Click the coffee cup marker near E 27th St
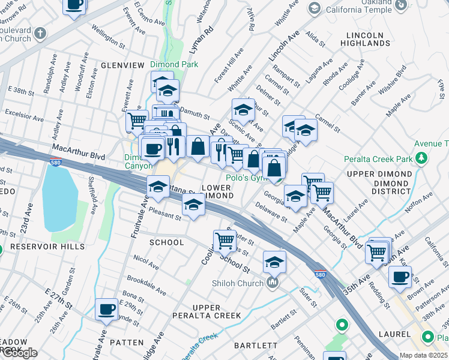point(107,309)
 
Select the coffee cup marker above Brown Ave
point(400,277)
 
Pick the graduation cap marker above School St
point(274,262)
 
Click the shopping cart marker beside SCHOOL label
point(224,241)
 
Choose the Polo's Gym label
point(246,178)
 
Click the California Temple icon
point(314,8)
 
